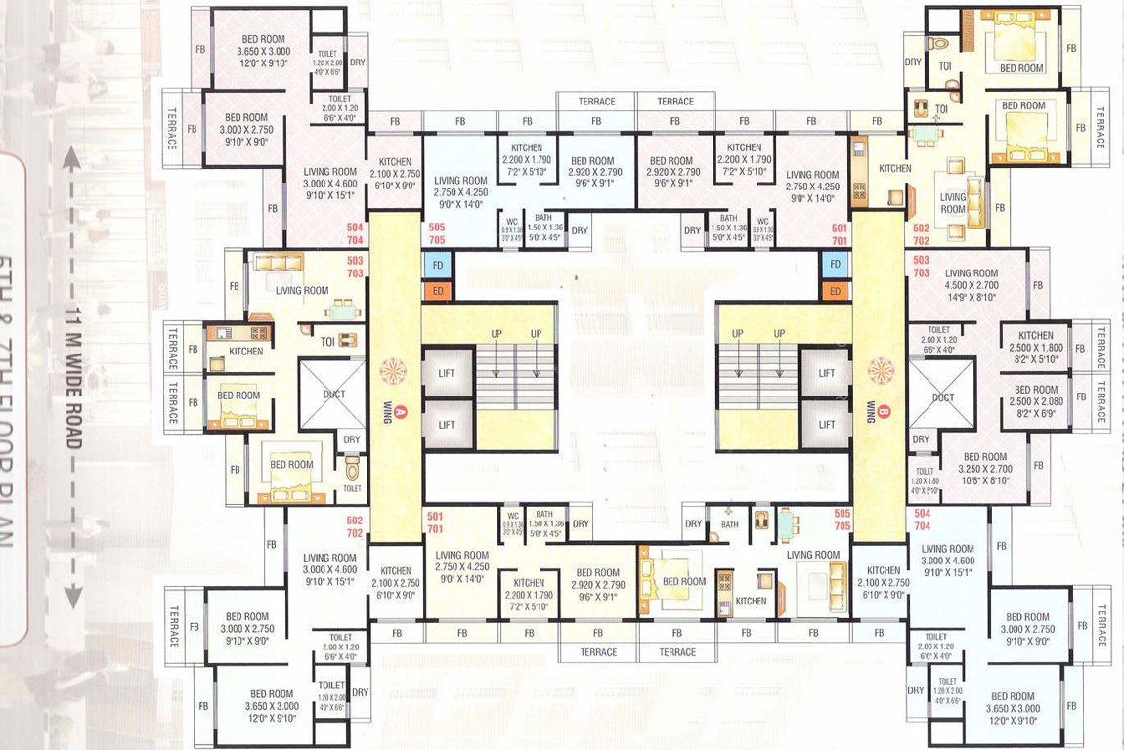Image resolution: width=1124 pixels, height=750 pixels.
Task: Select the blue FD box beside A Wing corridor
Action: [436, 265]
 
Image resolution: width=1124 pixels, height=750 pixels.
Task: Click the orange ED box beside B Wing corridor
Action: [834, 291]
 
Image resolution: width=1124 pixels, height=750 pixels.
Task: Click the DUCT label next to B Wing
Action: [943, 397]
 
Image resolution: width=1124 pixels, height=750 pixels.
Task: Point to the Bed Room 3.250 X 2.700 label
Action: [983, 463]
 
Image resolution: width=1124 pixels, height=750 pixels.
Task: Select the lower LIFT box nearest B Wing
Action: [826, 425]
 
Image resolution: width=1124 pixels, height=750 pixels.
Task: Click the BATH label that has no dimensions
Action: [730, 524]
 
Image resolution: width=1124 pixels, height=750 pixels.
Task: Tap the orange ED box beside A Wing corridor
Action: [436, 291]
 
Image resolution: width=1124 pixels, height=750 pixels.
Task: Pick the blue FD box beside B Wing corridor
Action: [834, 265]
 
